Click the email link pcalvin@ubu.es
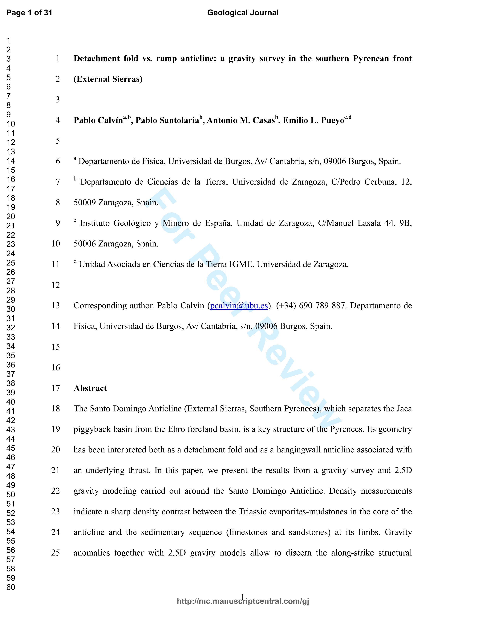click(239, 306)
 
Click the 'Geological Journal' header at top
click(243, 13)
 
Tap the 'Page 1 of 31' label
click(29, 13)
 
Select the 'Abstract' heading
click(90, 388)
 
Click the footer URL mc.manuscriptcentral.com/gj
click(243, 601)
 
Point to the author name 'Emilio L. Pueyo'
click(314, 120)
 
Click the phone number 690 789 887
click(322, 306)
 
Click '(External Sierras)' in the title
click(108, 79)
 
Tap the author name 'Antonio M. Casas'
click(241, 120)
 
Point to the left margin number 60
click(11, 587)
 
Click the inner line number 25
click(56, 553)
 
